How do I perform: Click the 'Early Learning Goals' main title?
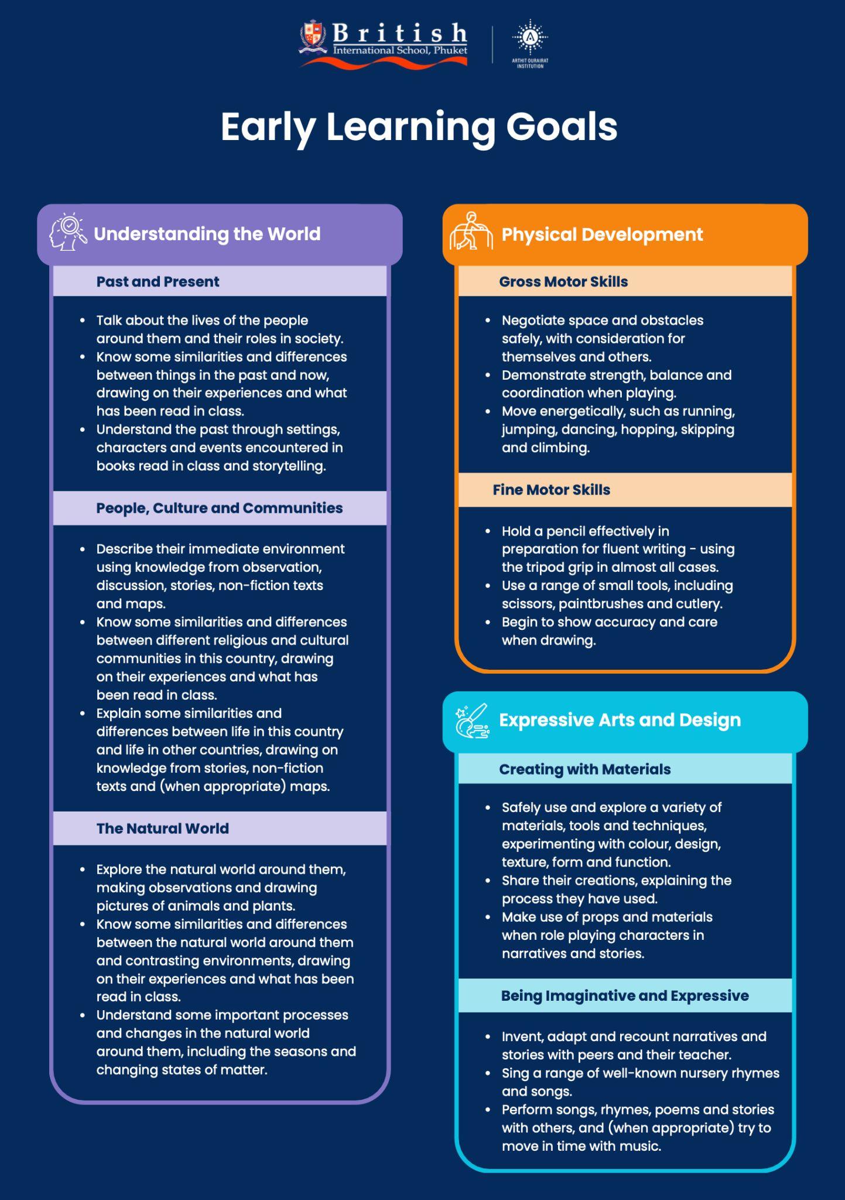419,127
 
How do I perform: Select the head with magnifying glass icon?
67,233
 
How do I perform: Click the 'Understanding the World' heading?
207,234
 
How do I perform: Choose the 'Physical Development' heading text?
602,234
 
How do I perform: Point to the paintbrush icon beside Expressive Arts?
473,721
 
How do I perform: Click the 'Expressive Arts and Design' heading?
620,720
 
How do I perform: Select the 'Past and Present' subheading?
158,282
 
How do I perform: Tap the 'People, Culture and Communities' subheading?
219,508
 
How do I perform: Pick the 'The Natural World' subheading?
162,829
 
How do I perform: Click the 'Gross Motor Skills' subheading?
563,282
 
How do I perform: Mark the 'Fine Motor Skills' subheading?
551,490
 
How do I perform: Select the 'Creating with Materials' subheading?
584,769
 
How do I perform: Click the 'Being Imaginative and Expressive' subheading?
624,996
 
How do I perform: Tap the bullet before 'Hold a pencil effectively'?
488,531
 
